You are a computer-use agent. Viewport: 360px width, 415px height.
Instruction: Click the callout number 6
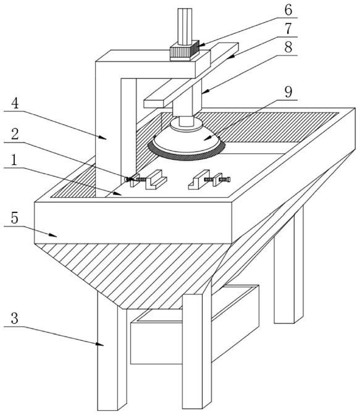coord(288,10)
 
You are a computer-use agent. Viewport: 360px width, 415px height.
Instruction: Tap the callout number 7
coord(288,28)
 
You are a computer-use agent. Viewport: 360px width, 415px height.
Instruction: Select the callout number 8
coord(288,47)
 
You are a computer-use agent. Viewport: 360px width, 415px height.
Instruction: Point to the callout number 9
coord(288,92)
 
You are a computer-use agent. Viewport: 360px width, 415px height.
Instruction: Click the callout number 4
coord(15,104)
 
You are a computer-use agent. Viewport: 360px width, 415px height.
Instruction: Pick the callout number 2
coord(15,134)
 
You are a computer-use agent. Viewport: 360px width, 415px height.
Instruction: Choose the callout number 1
coord(14,160)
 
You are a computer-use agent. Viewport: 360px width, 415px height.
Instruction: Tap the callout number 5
coord(15,218)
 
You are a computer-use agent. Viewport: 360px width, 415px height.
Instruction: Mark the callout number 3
coord(15,318)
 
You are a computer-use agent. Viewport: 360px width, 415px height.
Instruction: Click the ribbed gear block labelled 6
coord(185,50)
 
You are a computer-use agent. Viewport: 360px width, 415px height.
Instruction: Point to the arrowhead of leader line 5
coord(53,235)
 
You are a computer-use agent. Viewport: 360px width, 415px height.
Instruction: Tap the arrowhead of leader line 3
coord(100,345)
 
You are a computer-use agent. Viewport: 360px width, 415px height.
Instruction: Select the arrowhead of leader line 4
coord(103,137)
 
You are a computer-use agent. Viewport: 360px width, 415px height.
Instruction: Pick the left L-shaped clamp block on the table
coord(156,180)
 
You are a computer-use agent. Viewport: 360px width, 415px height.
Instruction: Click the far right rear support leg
coord(289,265)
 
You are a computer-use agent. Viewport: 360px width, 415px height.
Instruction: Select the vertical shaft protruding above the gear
coord(185,27)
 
